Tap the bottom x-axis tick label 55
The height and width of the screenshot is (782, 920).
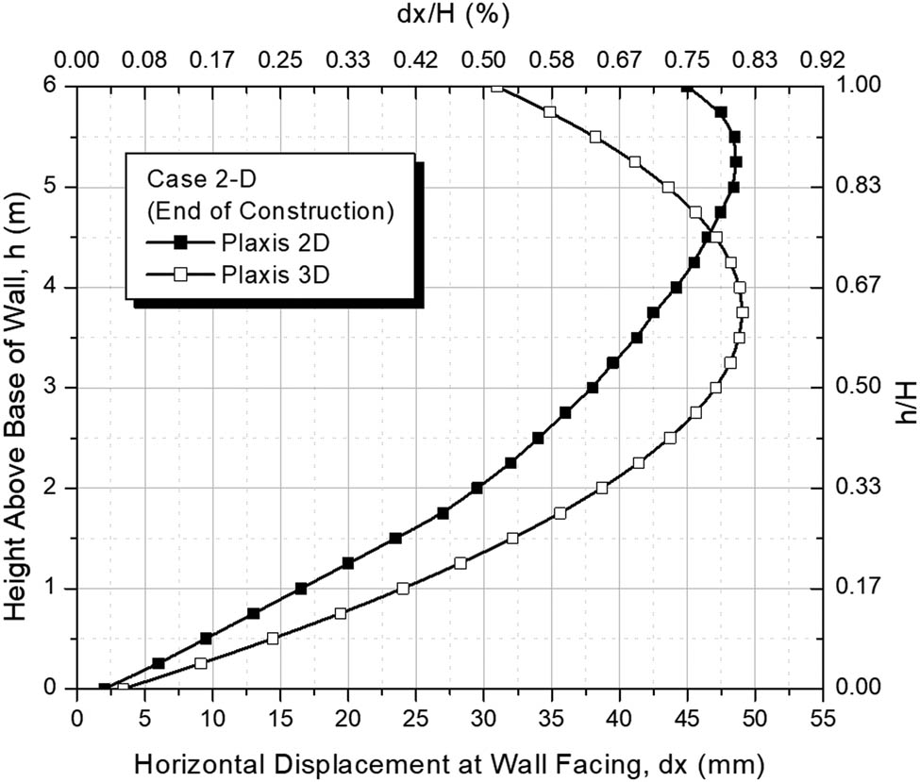coord(821,716)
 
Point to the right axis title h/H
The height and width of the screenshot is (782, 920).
coord(903,388)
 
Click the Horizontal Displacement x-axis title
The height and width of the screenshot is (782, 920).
coord(449,760)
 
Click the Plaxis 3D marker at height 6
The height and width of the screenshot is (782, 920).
coord(497,87)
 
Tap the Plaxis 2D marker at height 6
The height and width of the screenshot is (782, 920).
coord(687,87)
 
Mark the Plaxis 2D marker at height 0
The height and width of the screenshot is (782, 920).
coord(105,689)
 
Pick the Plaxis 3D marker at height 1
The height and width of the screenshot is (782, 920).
coord(403,589)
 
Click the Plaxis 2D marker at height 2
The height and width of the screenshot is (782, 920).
coord(477,488)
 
